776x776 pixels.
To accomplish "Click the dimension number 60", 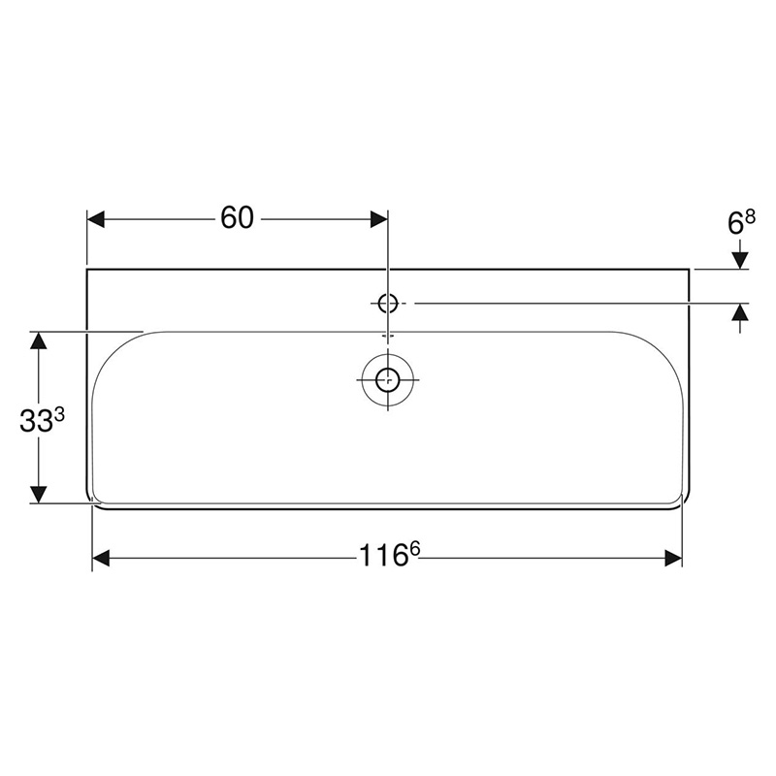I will pyautogui.click(x=237, y=218).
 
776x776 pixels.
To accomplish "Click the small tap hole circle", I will pyautogui.click(x=388, y=304).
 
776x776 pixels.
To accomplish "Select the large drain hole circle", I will pyautogui.click(x=388, y=379).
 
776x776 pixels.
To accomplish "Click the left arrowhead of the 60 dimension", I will pyautogui.click(x=95, y=219).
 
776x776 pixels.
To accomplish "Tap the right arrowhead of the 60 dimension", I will pyautogui.click(x=379, y=219).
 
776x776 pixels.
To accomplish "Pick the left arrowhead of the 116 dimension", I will pyautogui.click(x=100, y=558).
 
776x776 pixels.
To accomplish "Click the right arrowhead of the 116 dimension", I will pyautogui.click(x=673, y=558).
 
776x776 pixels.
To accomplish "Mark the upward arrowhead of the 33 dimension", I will pyautogui.click(x=39, y=339).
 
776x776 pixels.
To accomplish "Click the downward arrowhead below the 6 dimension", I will pyautogui.click(x=740, y=260).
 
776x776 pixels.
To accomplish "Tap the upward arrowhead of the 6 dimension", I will pyautogui.click(x=740, y=312).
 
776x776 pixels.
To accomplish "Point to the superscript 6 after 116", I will pyautogui.click(x=414, y=549).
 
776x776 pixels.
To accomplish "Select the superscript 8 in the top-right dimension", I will pyautogui.click(x=750, y=216).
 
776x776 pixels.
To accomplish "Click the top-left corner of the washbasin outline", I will pyautogui.click(x=87, y=269).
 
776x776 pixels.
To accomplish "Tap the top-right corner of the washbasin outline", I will pyautogui.click(x=689, y=269).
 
